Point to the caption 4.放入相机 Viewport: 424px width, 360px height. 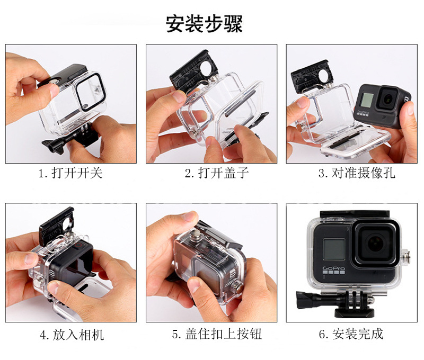tap(72, 335)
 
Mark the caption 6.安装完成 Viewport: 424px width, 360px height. tap(351, 335)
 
